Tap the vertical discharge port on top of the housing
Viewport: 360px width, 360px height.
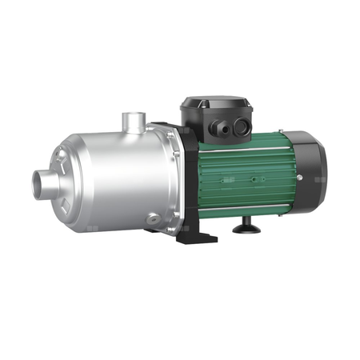coord(132,124)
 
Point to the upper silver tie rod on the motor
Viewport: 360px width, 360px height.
coord(240,150)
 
